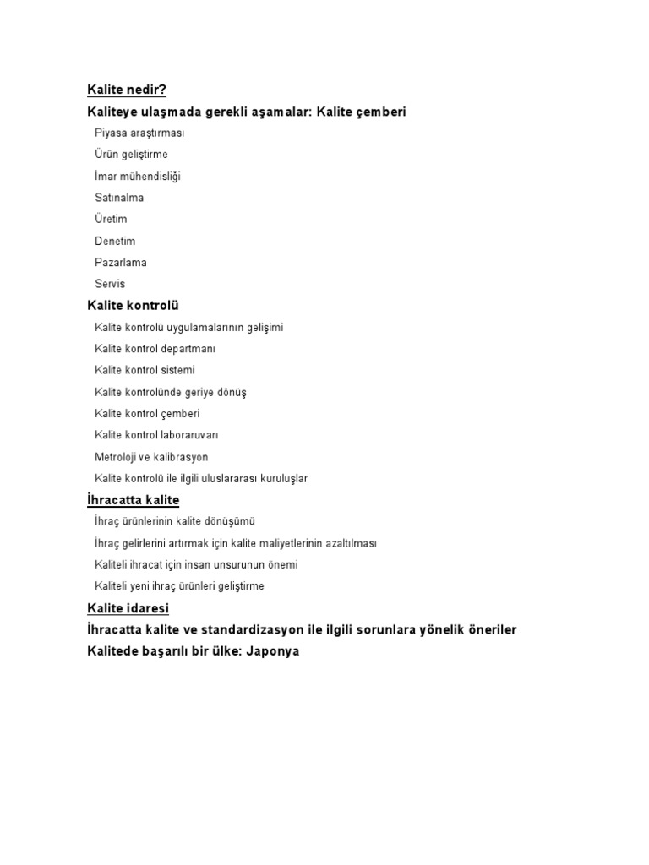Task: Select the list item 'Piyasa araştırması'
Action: tap(139, 133)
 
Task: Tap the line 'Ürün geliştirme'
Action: tap(132, 155)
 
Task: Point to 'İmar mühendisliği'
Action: tap(138, 177)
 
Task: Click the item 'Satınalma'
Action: tap(119, 198)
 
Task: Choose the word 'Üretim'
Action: tap(112, 220)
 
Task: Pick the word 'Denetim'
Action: tap(115, 242)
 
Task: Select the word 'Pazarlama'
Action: tap(121, 263)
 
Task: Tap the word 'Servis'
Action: tap(110, 285)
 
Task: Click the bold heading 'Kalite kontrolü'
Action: tap(133, 306)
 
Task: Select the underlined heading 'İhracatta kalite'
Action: tap(134, 500)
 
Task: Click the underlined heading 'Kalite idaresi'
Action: tap(128, 608)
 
